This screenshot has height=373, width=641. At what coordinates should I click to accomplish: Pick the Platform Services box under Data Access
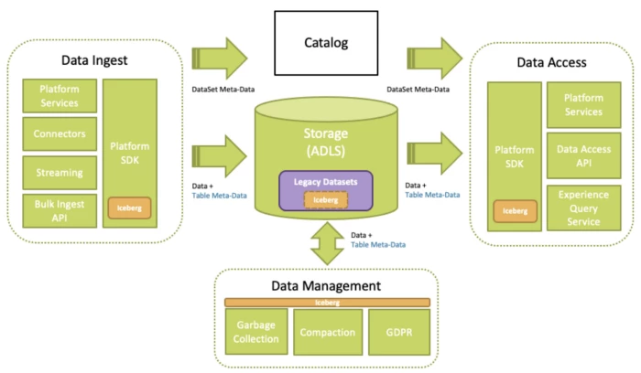pos(583,104)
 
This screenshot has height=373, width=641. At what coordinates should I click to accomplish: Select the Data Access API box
pos(583,156)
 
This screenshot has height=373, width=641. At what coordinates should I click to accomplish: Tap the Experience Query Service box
pos(583,208)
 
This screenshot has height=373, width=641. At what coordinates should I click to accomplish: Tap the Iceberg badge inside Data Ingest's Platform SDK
pos(129,207)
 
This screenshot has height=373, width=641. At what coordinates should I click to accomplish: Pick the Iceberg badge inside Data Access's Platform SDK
pos(514,210)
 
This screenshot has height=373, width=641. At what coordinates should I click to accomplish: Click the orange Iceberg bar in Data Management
pos(327,301)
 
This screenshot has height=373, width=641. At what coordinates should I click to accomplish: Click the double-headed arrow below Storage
pos(327,245)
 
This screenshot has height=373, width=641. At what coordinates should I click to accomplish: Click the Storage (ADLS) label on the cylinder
pos(326,142)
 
